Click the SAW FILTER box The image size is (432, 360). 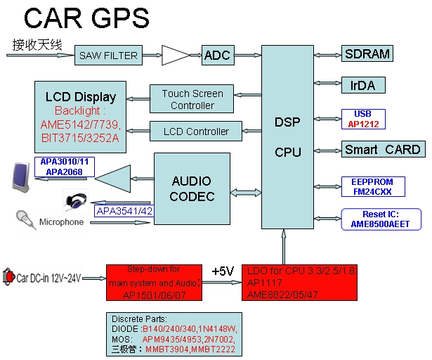(109, 56)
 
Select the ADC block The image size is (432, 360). (217, 55)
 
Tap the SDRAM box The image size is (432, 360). (367, 54)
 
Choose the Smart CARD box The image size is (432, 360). (382, 150)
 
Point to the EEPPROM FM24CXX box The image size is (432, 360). (372, 186)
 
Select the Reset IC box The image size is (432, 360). (381, 219)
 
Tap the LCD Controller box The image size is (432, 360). (196, 131)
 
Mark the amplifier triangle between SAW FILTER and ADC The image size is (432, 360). (175, 55)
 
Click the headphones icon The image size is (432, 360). (77, 200)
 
